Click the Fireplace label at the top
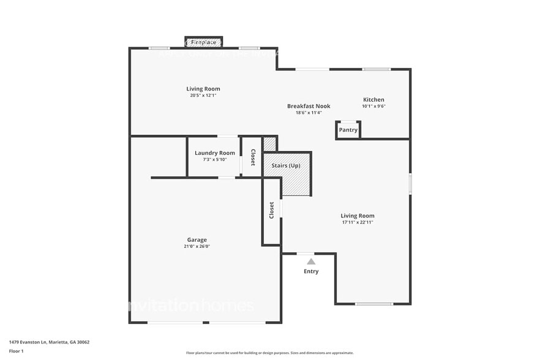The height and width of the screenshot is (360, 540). pyautogui.click(x=203, y=42)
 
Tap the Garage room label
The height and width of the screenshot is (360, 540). pyautogui.click(x=197, y=240)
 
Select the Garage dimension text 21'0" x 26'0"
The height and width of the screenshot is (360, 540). pyautogui.click(x=197, y=247)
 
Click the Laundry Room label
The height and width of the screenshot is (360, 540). pyautogui.click(x=214, y=153)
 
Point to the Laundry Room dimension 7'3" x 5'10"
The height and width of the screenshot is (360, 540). pyautogui.click(x=214, y=160)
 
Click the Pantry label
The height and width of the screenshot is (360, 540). pyautogui.click(x=348, y=130)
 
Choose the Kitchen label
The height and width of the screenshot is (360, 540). pyautogui.click(x=373, y=100)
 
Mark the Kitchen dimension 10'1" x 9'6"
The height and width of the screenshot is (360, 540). pyautogui.click(x=373, y=106)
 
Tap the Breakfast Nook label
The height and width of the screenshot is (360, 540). pyautogui.click(x=309, y=106)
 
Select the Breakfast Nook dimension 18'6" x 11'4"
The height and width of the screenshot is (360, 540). pyautogui.click(x=309, y=113)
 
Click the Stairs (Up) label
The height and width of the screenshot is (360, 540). pyautogui.click(x=286, y=166)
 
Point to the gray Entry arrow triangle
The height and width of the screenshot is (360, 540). pyautogui.click(x=311, y=261)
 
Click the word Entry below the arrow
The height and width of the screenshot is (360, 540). pyautogui.click(x=311, y=271)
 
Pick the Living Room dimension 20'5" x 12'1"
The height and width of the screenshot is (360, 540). pyautogui.click(x=203, y=96)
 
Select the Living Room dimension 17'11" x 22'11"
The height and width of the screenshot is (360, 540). pyautogui.click(x=358, y=222)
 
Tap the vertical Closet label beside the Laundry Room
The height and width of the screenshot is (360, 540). pyautogui.click(x=252, y=157)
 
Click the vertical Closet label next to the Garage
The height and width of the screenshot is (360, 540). pyautogui.click(x=271, y=211)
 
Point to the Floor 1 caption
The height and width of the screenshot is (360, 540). pyautogui.click(x=17, y=351)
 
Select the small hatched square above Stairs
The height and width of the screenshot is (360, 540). pyautogui.click(x=269, y=144)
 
